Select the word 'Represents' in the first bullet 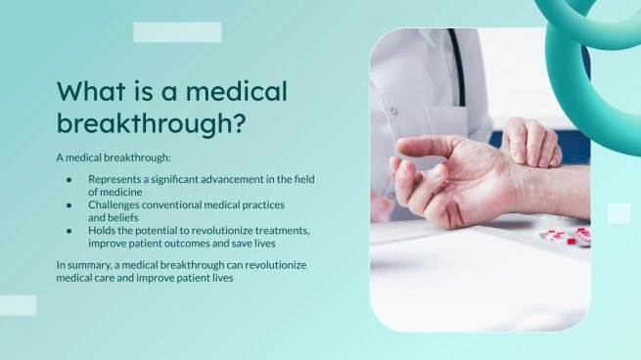point(115,180)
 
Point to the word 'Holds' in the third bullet point(103,230)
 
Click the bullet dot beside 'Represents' point(69,180)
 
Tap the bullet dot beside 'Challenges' point(69,205)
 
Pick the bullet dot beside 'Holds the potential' point(69,230)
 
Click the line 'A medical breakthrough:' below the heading point(112,157)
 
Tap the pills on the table point(567,237)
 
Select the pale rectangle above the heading point(177,32)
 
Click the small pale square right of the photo point(618,213)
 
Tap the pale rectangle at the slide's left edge point(18,305)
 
